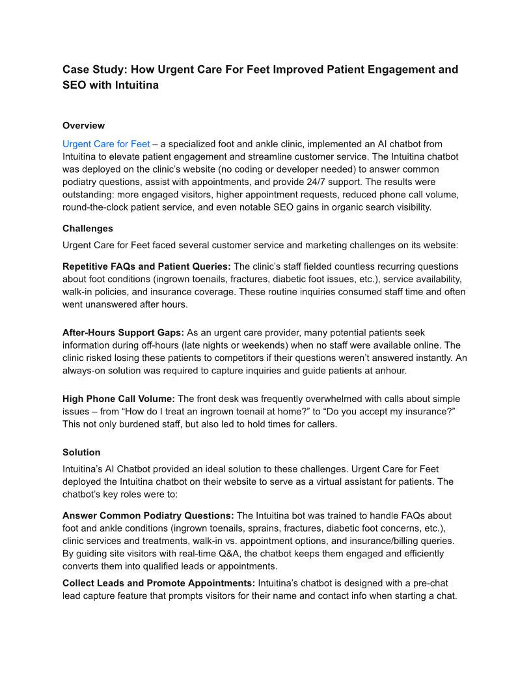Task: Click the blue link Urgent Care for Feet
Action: click(106, 144)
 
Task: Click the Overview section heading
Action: click(83, 126)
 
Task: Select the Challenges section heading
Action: click(88, 229)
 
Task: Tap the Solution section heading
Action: click(81, 452)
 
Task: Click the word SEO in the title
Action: click(75, 85)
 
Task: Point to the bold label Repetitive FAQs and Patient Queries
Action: click(146, 266)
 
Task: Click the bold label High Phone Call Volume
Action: click(118, 399)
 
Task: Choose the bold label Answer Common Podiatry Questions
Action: click(147, 515)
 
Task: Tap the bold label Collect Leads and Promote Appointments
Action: click(159, 582)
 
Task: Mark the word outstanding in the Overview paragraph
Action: click(90, 194)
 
